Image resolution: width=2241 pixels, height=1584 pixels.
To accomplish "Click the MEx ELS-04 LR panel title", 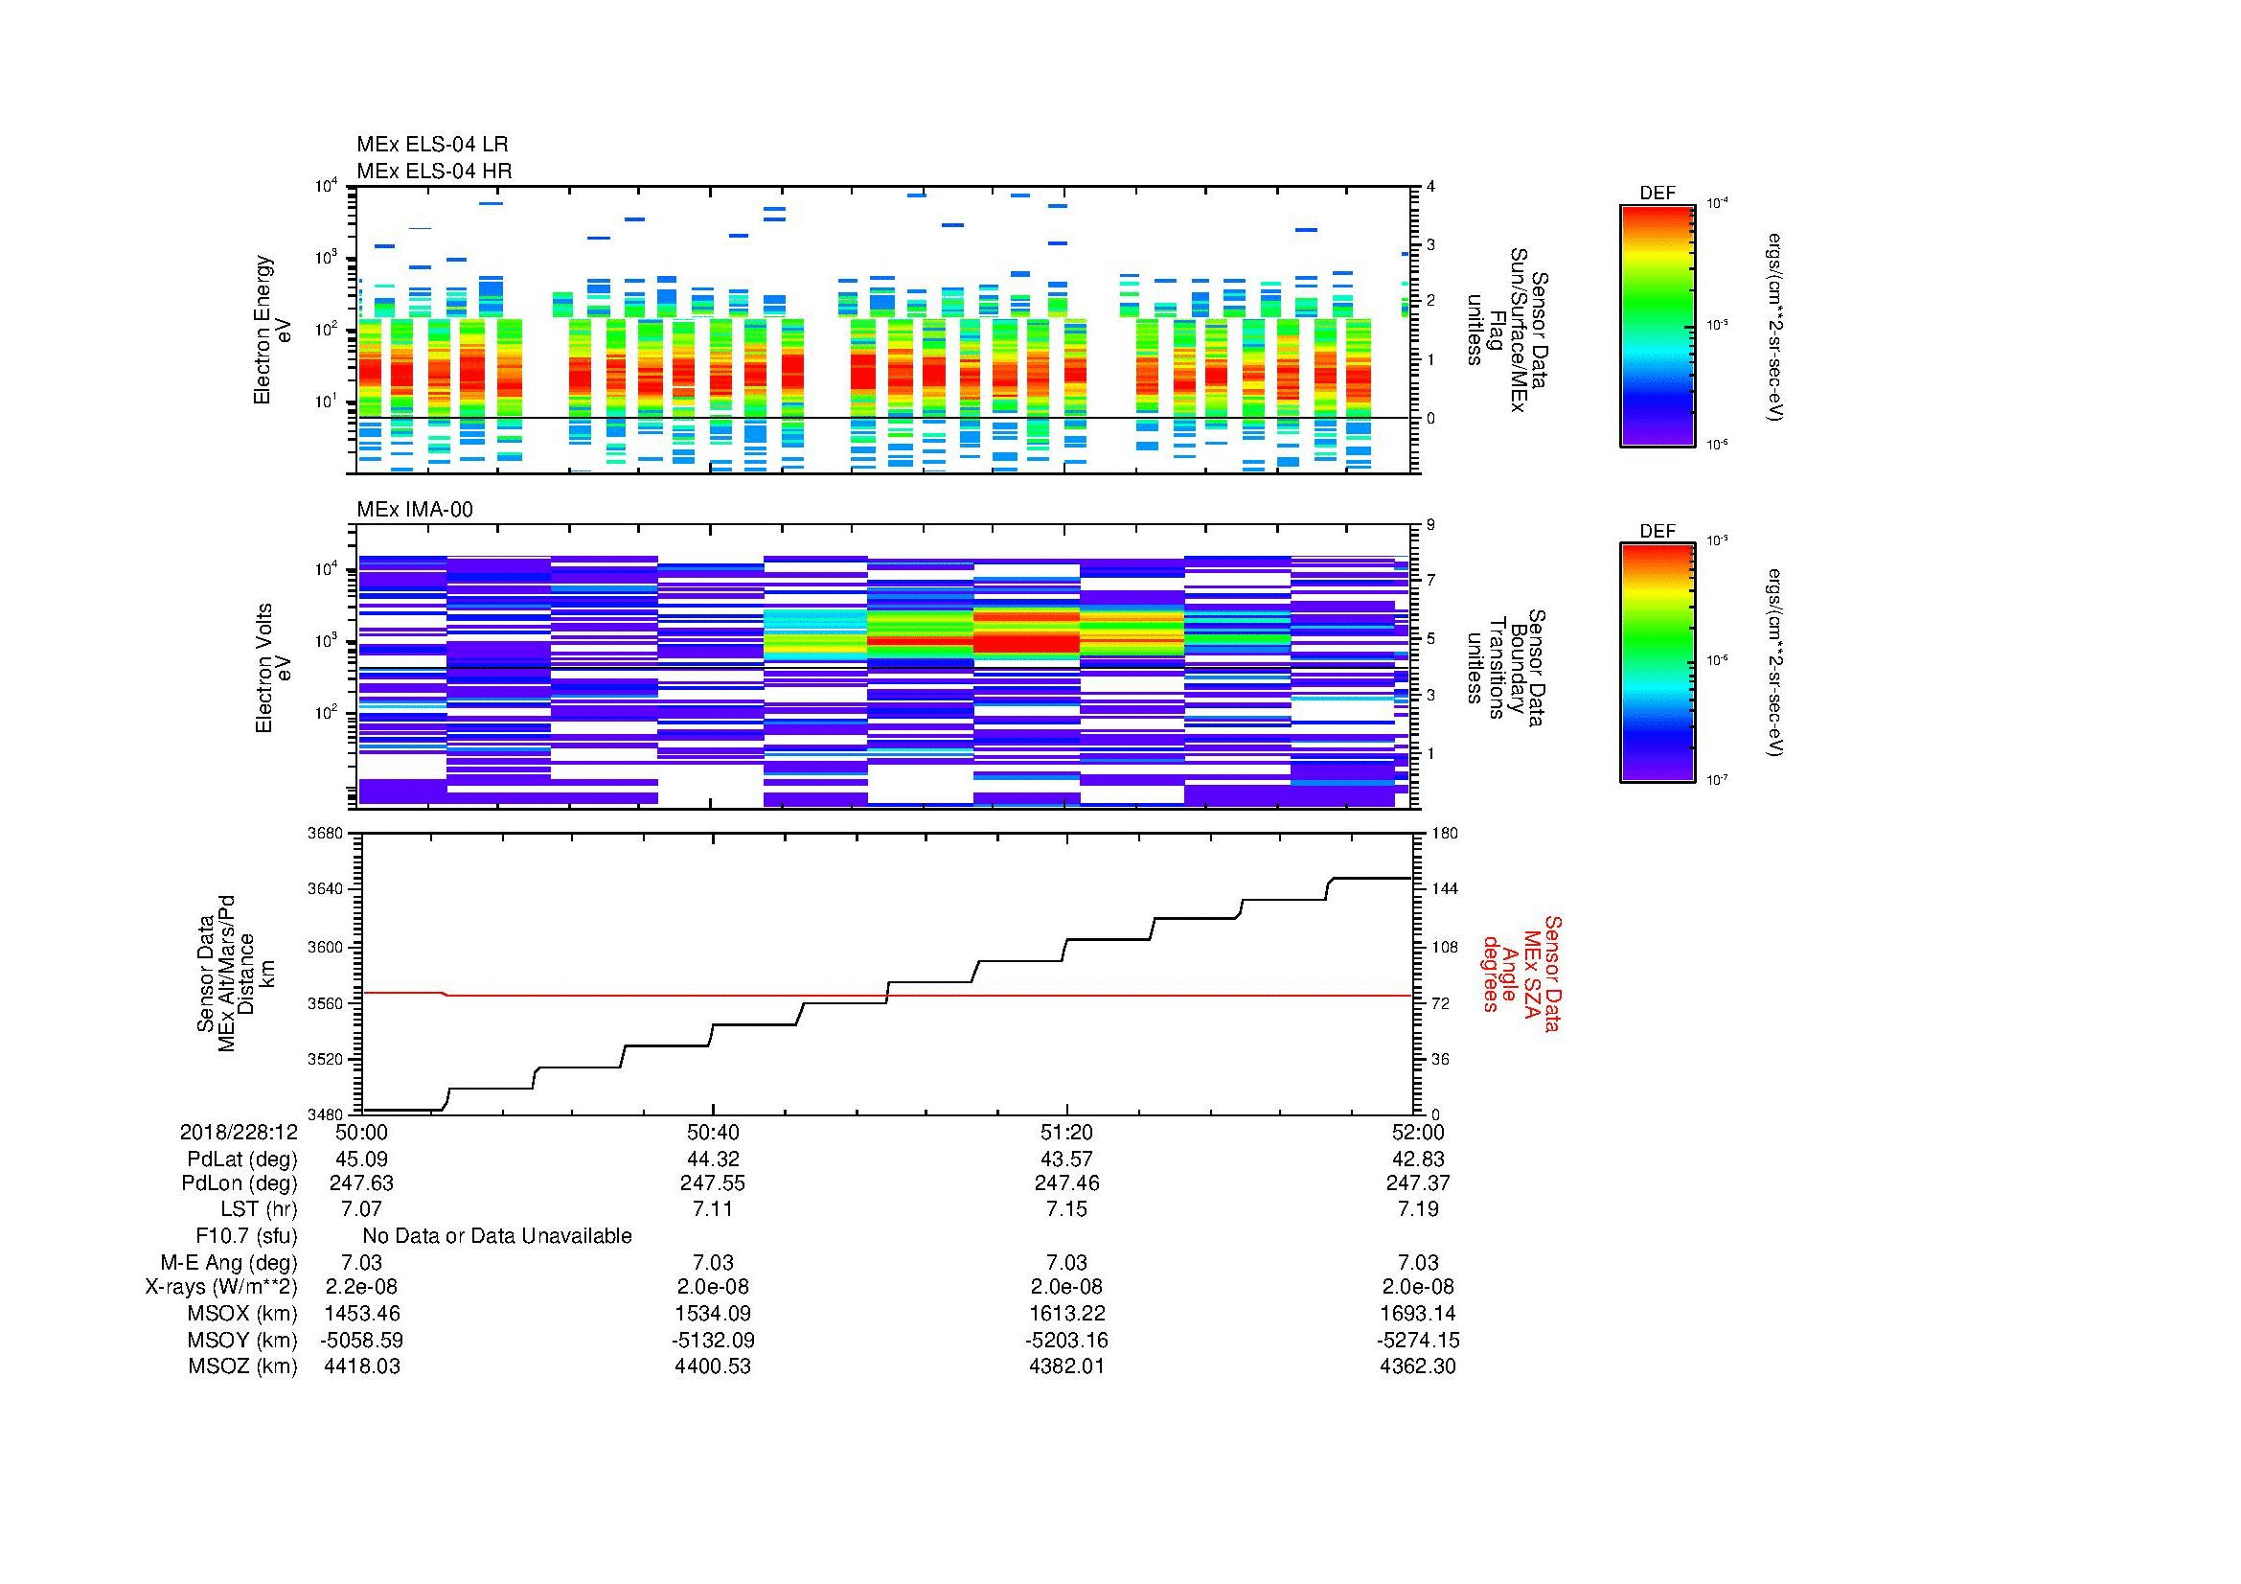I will (431, 145).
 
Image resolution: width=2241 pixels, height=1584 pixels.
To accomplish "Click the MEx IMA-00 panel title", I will (415, 510).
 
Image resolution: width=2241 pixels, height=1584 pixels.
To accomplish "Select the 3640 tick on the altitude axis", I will (325, 889).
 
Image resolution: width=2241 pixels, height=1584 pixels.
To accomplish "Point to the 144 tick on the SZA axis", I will (1445, 889).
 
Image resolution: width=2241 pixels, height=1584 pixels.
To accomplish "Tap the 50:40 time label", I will (713, 1132).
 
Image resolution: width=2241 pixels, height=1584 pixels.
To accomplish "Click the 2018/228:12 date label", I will (239, 1132).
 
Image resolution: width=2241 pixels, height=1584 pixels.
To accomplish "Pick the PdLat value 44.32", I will (713, 1159).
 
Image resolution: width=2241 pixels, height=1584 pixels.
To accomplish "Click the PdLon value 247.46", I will (1065, 1182).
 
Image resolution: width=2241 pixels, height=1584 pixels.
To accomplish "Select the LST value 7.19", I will (1418, 1209).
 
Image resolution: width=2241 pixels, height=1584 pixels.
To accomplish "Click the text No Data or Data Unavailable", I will (497, 1236).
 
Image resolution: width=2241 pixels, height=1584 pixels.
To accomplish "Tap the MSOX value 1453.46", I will (361, 1314).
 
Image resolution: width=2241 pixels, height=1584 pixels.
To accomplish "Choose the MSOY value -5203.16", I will (1065, 1340).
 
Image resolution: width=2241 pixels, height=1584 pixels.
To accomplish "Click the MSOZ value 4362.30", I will (1417, 1366).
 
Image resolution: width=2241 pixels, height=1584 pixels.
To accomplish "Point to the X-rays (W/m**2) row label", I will (220, 1287).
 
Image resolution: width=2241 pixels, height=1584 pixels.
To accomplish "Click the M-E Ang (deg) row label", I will (228, 1262).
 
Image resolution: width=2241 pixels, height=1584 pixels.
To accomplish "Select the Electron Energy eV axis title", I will (273, 330).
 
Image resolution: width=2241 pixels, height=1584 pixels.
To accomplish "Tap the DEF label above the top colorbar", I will (1657, 194).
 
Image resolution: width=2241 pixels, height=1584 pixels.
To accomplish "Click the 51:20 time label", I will (1065, 1132).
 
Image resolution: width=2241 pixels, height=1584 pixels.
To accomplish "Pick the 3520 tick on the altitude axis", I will (325, 1059).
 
